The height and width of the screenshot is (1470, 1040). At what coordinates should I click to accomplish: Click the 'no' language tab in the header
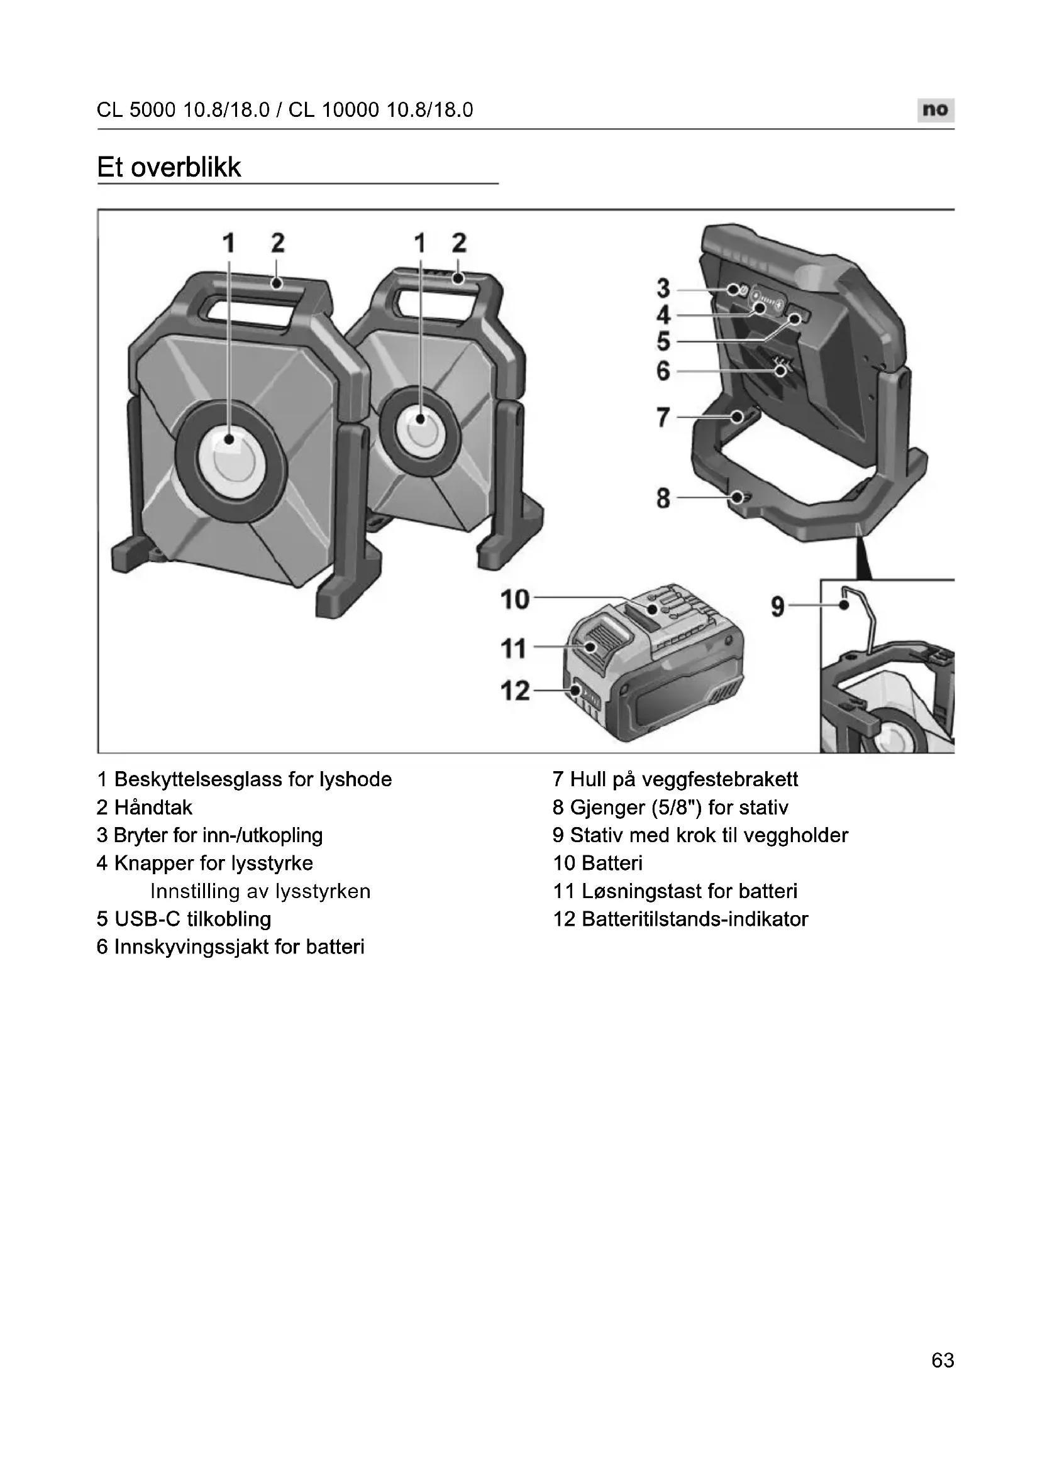point(935,109)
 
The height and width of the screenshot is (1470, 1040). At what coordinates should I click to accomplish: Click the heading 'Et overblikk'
point(169,168)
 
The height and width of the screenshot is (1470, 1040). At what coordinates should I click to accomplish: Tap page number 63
point(943,1378)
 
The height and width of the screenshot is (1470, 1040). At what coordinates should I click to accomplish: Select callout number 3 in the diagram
point(663,288)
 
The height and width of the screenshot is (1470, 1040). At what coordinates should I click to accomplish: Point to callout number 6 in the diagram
point(663,371)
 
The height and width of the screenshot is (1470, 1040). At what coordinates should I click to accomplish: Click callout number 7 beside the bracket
point(663,417)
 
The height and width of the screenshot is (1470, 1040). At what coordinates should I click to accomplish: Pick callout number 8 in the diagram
point(663,498)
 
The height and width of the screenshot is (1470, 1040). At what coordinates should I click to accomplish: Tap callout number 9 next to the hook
point(777,605)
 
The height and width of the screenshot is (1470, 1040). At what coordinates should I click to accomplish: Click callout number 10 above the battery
point(515,600)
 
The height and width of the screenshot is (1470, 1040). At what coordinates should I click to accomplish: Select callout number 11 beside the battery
point(514,649)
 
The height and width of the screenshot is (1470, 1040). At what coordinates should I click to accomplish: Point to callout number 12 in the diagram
point(515,691)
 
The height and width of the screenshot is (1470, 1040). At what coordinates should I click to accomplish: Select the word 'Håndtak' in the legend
point(153,808)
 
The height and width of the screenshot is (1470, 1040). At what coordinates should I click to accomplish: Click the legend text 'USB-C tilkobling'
point(192,919)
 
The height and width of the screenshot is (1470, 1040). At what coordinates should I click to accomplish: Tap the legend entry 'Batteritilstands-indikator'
point(694,919)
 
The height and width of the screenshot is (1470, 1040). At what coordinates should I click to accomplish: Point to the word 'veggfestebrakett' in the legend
point(720,780)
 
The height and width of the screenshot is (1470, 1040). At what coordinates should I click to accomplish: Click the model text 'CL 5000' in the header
point(136,110)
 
